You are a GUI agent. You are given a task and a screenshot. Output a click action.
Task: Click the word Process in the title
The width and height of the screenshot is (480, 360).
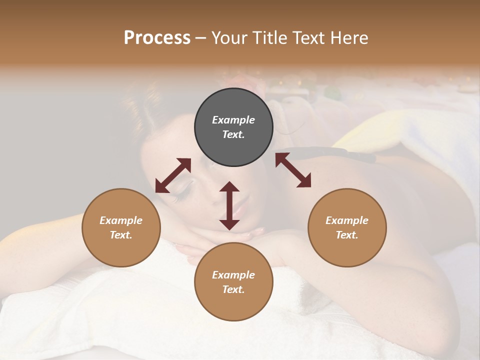tap(157, 38)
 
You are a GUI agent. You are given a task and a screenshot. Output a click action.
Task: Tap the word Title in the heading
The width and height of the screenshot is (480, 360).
tap(268, 38)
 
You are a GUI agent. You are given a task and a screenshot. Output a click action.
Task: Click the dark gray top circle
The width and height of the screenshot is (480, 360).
tap(233, 127)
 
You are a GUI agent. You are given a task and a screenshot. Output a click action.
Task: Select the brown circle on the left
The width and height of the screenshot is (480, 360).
tap(121, 227)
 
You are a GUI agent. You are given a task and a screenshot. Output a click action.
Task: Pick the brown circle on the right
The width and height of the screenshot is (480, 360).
tap(347, 227)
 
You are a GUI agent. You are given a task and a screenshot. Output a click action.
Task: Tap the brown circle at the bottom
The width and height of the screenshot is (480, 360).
tap(233, 282)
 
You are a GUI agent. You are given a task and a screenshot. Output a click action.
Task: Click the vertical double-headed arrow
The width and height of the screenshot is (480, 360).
tap(229, 205)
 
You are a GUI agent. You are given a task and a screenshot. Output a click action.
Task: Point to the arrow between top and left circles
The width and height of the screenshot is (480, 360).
tap(173, 175)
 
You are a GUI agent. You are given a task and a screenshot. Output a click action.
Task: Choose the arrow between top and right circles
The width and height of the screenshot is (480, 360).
tap(293, 170)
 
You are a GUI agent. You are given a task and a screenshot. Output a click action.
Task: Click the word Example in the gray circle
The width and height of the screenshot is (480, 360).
tap(233, 120)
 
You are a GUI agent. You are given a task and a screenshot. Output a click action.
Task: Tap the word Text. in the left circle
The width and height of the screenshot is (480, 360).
tap(121, 235)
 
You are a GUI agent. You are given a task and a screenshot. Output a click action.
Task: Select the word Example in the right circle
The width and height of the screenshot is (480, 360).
tap(347, 220)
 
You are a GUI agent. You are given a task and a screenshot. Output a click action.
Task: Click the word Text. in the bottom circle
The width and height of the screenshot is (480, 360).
tap(233, 289)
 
